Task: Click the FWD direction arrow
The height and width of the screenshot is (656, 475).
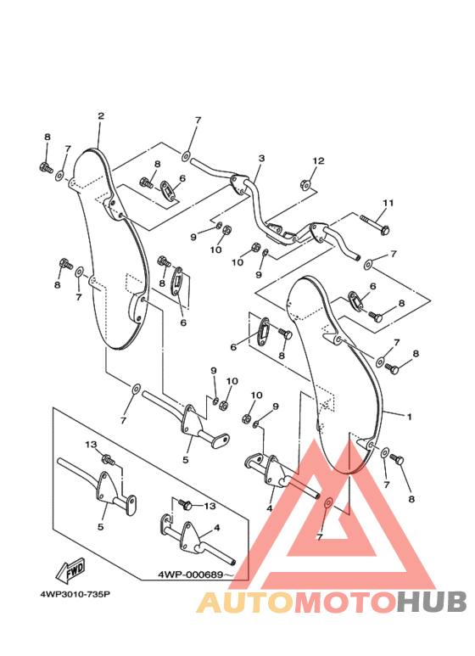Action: [70, 570]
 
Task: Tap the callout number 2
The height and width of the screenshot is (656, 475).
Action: [101, 116]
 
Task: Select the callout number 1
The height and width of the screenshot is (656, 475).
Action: [410, 417]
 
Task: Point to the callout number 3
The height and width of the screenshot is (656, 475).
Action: [262, 158]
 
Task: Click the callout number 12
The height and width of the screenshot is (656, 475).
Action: [318, 160]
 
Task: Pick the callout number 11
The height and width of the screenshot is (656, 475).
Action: [388, 203]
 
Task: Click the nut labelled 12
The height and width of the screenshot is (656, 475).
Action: [305, 184]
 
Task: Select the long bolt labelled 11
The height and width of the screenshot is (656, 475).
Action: [375, 224]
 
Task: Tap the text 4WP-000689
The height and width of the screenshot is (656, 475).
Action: [190, 575]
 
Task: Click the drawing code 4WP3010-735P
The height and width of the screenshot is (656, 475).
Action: [75, 594]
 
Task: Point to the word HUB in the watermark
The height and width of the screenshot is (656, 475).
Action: [432, 603]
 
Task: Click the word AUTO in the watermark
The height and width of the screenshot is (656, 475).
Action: [245, 603]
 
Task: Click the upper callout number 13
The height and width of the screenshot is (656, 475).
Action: [91, 445]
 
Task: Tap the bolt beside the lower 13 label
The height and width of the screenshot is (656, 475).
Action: [184, 504]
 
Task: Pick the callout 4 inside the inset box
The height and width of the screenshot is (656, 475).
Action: [216, 528]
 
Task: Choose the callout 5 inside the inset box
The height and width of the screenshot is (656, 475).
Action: [100, 527]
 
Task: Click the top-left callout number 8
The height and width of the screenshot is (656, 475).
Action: [47, 137]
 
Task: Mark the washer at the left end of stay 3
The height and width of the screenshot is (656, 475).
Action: [185, 157]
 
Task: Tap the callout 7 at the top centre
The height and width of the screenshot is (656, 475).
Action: [198, 121]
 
